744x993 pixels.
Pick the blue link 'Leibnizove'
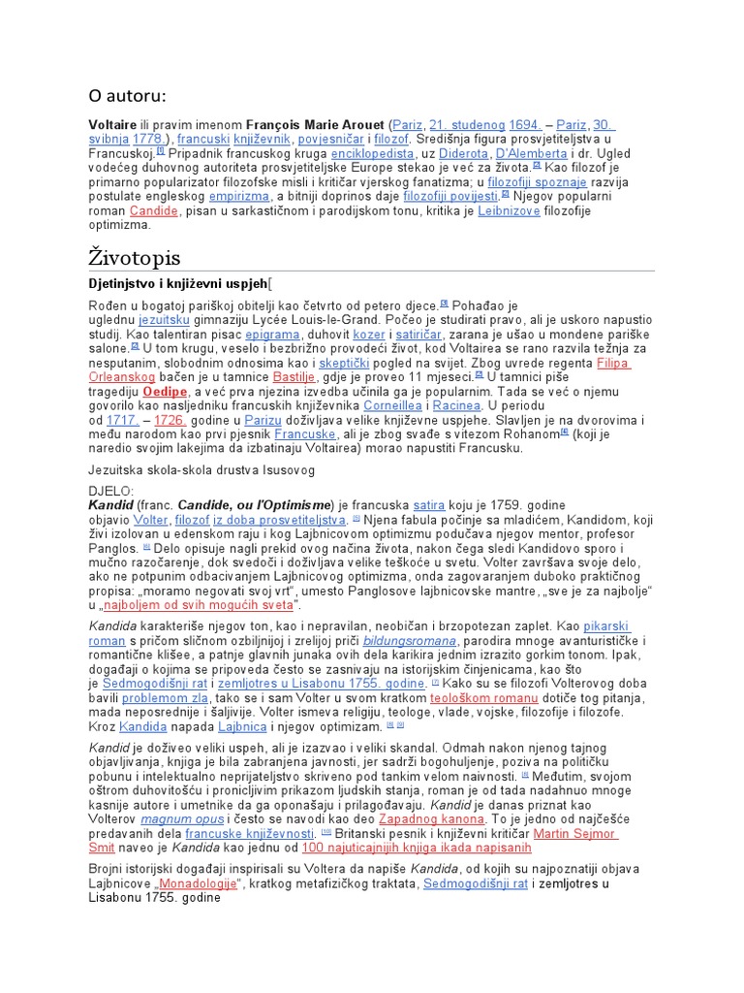click(x=511, y=209)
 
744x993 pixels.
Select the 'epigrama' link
click(x=272, y=335)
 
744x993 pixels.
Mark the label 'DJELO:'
click(x=111, y=492)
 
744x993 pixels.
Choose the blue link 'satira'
click(x=429, y=505)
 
